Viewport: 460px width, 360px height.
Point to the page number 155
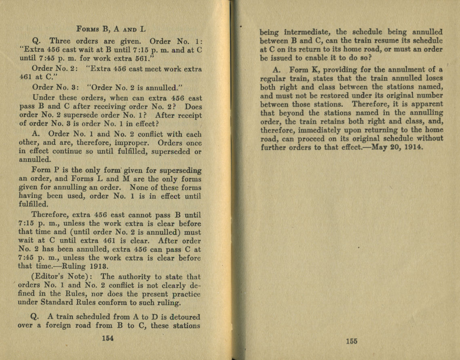click(351, 341)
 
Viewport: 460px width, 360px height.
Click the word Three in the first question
click(60, 41)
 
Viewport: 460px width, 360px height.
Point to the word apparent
click(427, 104)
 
